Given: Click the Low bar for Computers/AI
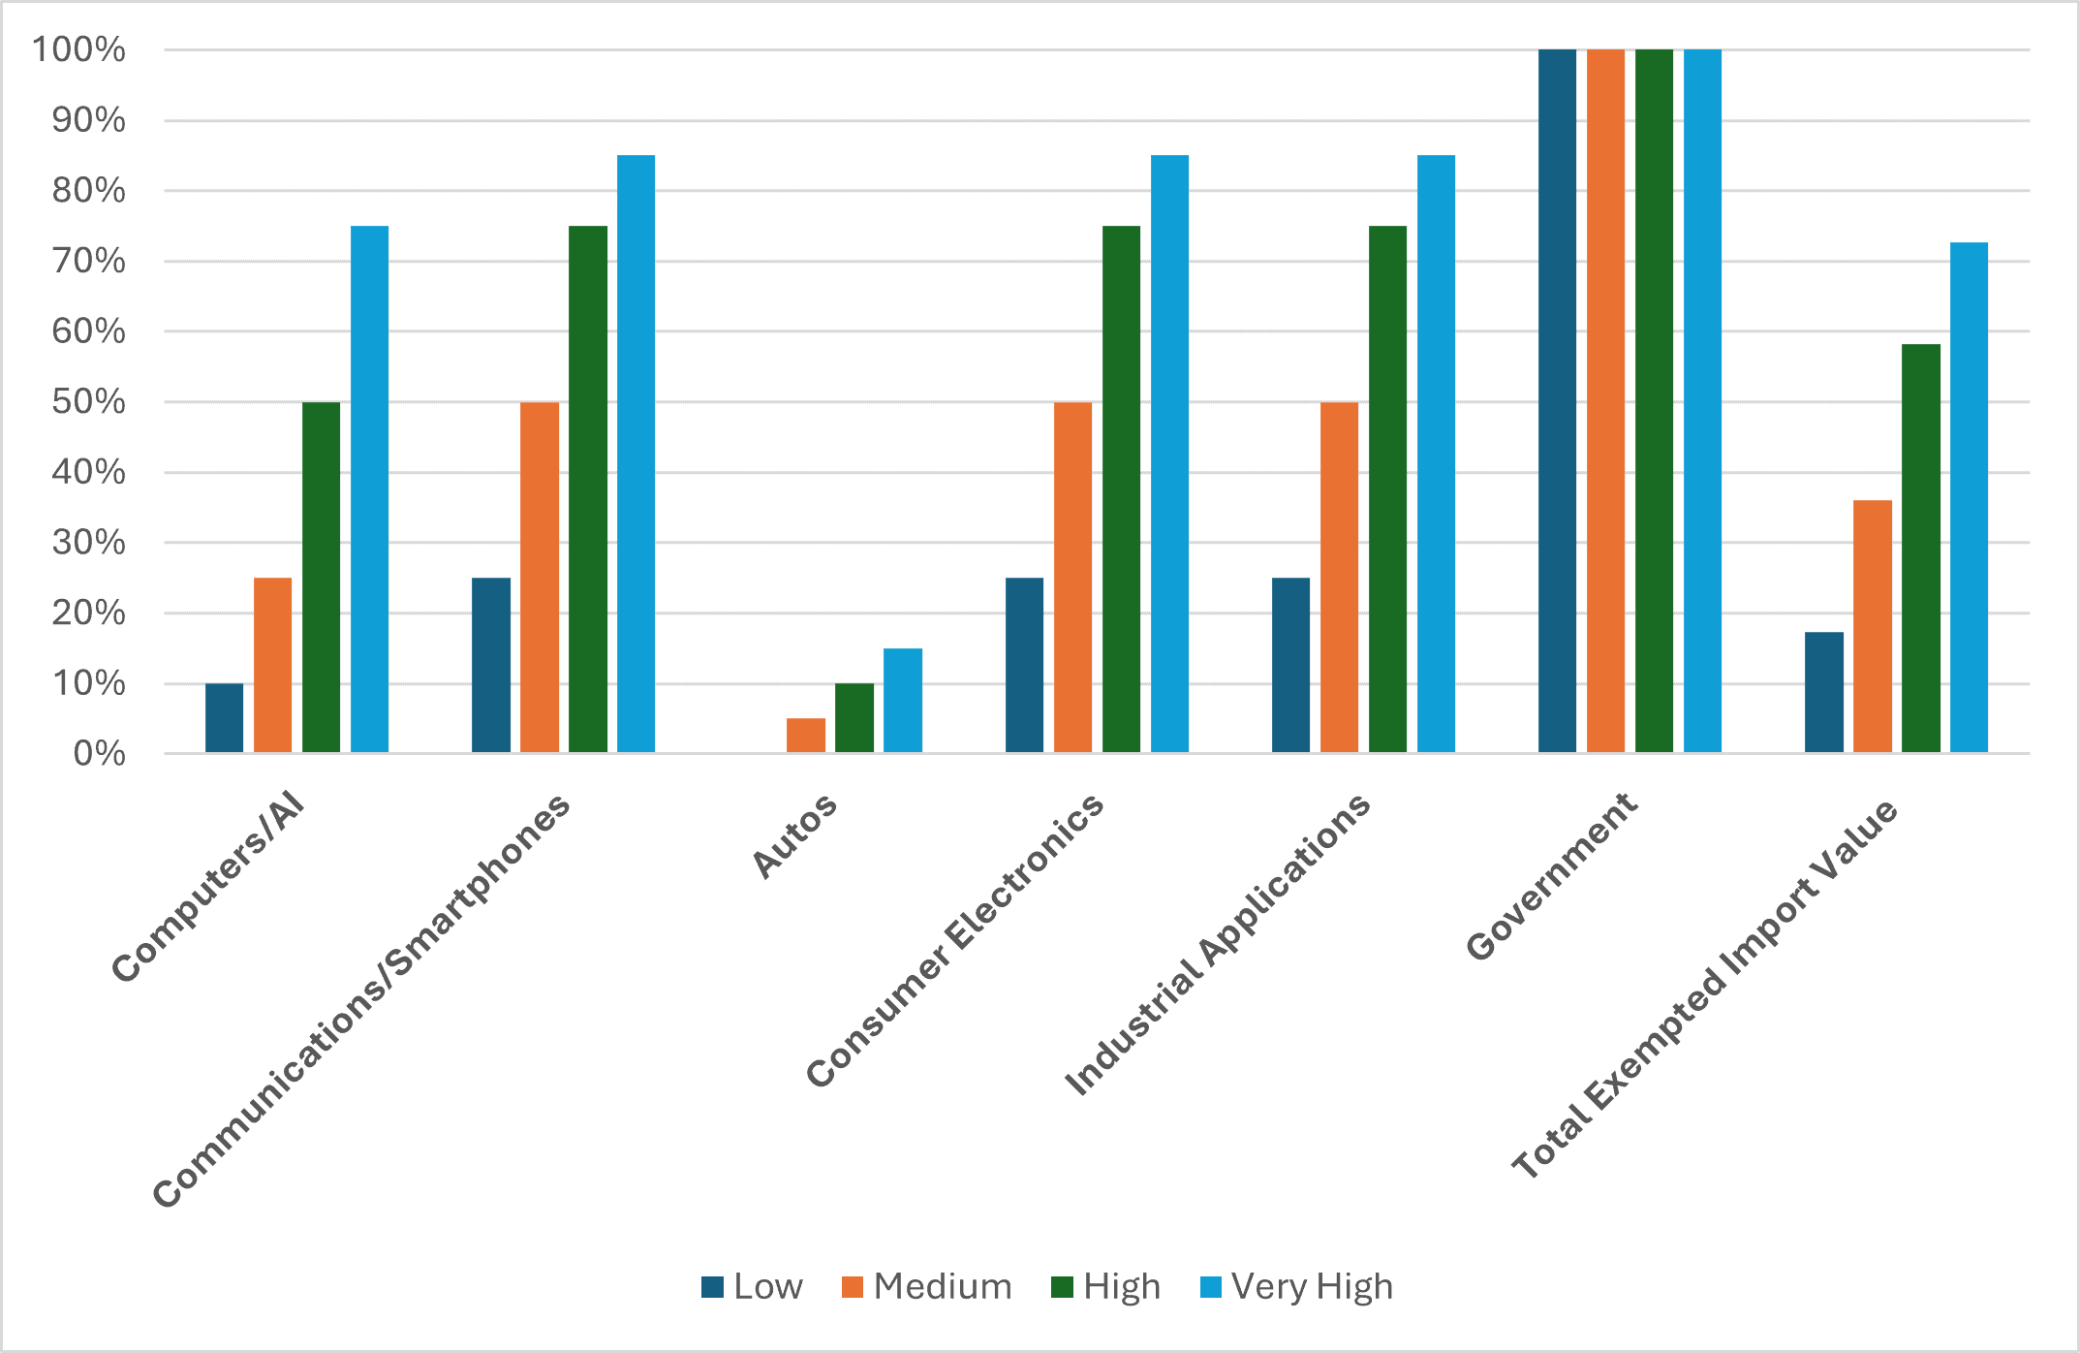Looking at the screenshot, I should pyautogui.click(x=224, y=717).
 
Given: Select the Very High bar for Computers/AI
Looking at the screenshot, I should pyautogui.click(x=369, y=489).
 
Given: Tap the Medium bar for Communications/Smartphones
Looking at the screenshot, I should pyautogui.click(x=540, y=577).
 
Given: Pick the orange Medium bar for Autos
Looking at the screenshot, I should pyautogui.click(x=806, y=735).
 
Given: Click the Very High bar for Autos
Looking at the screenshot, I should pyautogui.click(x=903, y=700).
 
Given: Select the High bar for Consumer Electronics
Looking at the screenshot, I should pyautogui.click(x=1121, y=489).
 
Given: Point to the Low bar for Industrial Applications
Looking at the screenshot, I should pyautogui.click(x=1290, y=665).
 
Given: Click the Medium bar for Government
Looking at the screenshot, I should pyautogui.click(x=1605, y=400).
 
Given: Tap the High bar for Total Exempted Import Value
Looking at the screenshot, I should pyautogui.click(x=1920, y=549).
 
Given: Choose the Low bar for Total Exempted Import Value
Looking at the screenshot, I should pyautogui.click(x=1823, y=692).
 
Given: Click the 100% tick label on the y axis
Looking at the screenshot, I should pyautogui.click(x=78, y=49).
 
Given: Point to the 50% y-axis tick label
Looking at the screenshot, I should pyautogui.click(x=88, y=401).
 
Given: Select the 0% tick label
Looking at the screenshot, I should pyautogui.click(x=99, y=753).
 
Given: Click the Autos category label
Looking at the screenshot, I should pyautogui.click(x=794, y=835).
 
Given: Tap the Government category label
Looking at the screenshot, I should pyautogui.click(x=1551, y=876).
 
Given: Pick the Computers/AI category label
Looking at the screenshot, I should pyautogui.click(x=208, y=887).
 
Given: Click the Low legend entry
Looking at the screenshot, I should pyautogui.click(x=753, y=1287).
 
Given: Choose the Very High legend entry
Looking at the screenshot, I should pyautogui.click(x=1296, y=1287).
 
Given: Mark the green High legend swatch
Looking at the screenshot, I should pyautogui.click(x=1063, y=1287).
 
